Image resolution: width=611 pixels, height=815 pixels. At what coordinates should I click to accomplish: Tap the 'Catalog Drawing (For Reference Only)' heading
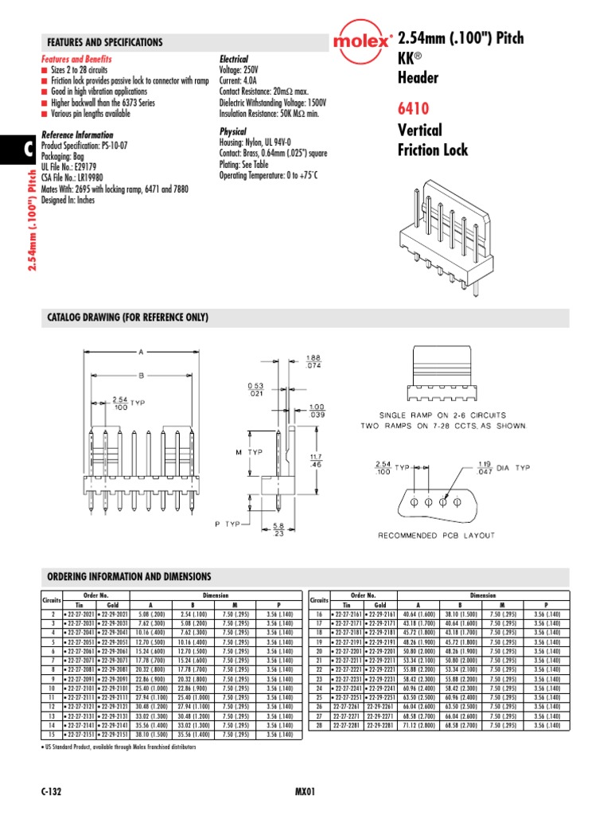(127, 318)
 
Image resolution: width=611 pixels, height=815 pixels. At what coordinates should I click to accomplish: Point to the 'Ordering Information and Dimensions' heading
(129, 576)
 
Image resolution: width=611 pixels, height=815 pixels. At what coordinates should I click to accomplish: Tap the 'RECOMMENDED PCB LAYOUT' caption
(436, 535)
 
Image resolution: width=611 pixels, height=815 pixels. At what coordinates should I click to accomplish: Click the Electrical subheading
(233, 60)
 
